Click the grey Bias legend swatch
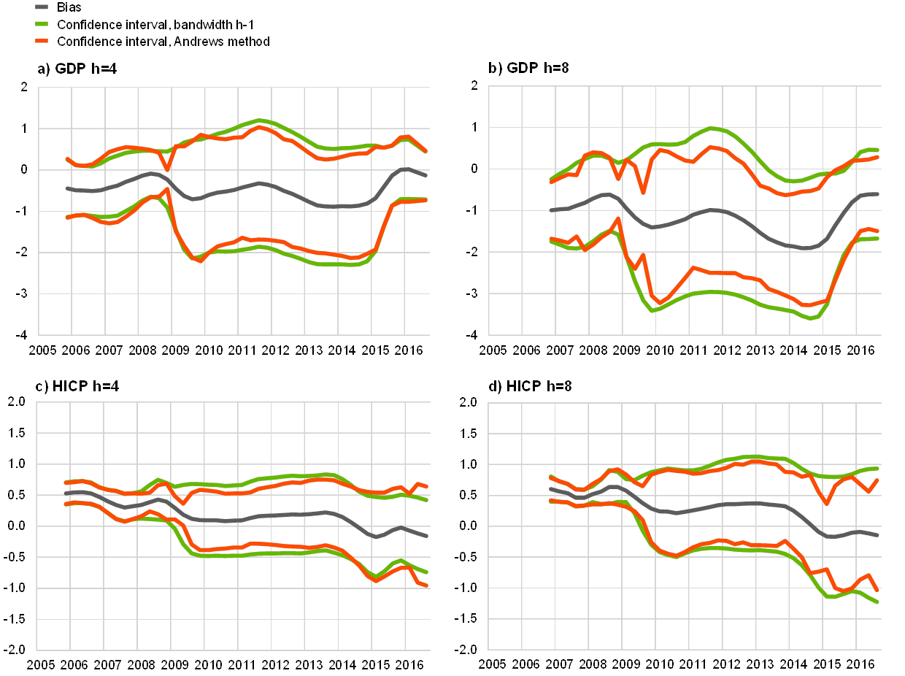[42, 7]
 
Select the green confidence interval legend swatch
[42, 24]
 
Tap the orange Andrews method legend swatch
[42, 42]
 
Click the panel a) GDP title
[77, 69]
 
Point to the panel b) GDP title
[530, 69]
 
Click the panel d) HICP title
[530, 385]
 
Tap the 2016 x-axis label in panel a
[411, 350]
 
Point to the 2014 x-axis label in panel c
[344, 665]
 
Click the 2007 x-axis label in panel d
[561, 665]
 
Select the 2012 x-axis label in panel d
[728, 665]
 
